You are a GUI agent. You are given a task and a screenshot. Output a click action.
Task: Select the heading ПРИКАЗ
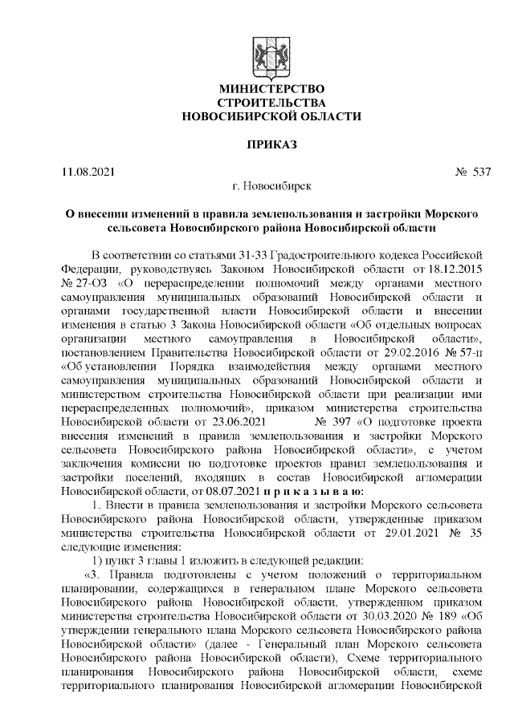[271, 144]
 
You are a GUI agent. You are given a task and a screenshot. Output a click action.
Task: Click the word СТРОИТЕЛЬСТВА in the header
[271, 102]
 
